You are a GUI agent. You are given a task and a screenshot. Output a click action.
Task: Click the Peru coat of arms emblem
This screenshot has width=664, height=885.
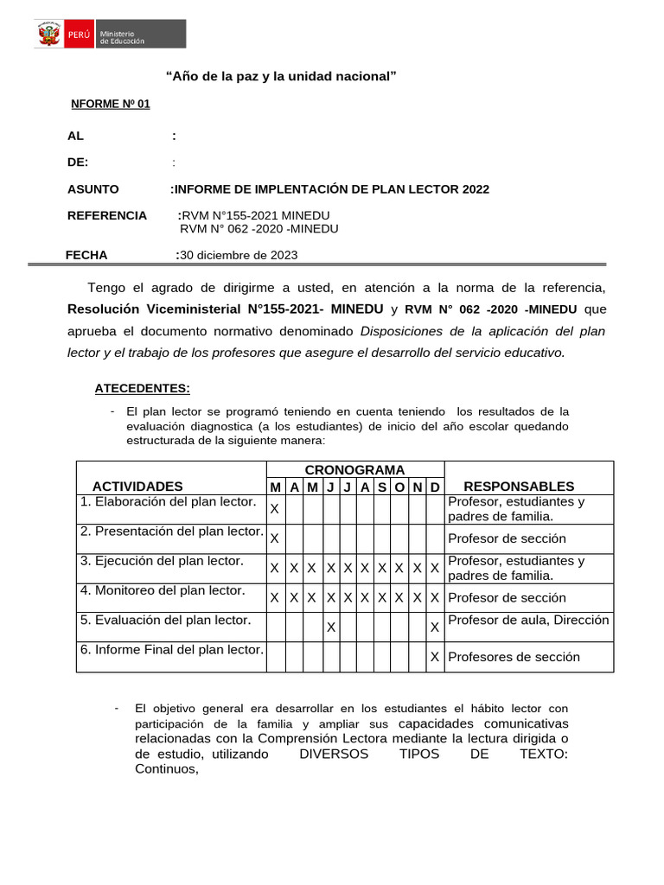[x=48, y=35]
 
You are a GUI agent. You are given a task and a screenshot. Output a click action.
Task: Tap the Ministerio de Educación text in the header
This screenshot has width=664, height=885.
[x=122, y=36]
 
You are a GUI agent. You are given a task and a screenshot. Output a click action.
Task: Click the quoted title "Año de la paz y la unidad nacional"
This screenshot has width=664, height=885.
[x=280, y=77]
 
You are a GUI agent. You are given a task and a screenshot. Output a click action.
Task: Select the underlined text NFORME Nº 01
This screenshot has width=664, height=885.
[x=110, y=104]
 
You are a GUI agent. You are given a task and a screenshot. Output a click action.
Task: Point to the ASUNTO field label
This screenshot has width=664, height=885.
[x=93, y=189]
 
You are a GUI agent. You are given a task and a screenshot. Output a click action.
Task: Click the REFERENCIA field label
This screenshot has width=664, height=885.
[x=107, y=215]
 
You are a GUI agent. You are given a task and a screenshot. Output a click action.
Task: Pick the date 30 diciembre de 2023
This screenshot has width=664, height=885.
[x=239, y=255]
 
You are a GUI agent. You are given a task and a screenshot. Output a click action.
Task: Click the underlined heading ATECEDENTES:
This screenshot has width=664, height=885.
[x=142, y=388]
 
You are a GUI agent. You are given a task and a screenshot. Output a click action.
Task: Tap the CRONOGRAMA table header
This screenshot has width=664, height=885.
[x=354, y=469]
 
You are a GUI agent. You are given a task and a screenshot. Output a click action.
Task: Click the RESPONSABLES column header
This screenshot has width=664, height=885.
[x=519, y=487]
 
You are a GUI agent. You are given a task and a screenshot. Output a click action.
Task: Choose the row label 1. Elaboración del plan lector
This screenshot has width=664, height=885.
[x=169, y=502]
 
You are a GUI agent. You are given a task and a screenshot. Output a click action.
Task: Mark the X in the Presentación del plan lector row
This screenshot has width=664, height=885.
[x=274, y=538]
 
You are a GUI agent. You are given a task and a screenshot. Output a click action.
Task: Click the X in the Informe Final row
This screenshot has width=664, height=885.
[x=435, y=657]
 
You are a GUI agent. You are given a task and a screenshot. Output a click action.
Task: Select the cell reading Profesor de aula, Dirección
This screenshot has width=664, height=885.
[x=528, y=621]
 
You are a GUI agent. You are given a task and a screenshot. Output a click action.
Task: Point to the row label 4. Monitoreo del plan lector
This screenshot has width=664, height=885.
[x=163, y=591]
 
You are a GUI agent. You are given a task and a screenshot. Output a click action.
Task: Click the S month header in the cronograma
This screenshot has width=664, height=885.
[x=382, y=487]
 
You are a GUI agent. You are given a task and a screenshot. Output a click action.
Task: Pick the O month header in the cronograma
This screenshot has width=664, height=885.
[x=399, y=487]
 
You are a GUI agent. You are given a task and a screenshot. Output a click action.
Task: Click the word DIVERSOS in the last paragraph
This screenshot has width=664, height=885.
[x=333, y=754]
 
